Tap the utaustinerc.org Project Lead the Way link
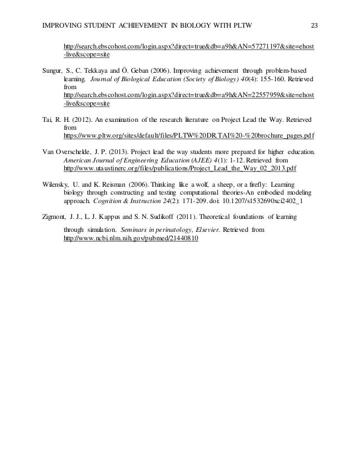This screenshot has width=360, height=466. click(179, 168)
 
